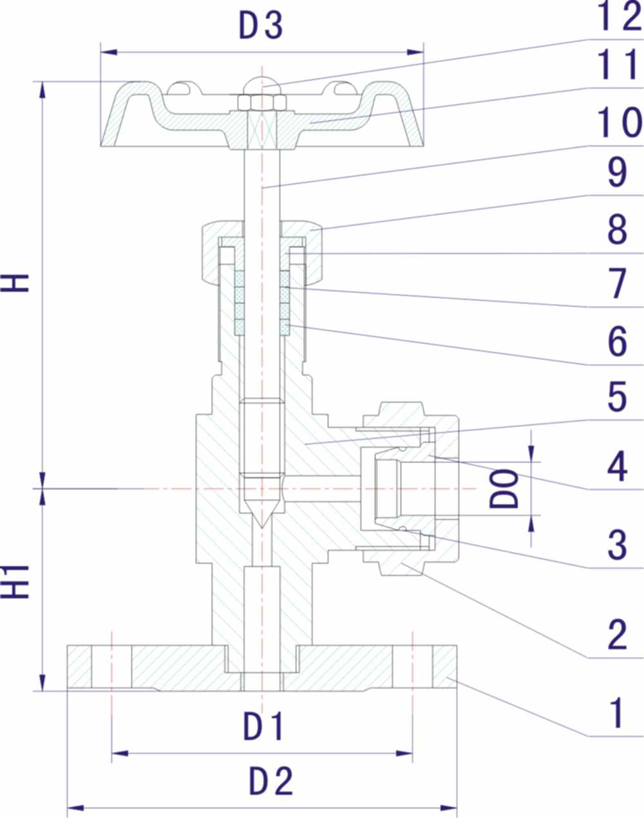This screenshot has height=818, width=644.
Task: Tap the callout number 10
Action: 617,122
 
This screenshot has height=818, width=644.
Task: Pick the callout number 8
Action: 617,229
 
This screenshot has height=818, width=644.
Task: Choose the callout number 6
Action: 617,341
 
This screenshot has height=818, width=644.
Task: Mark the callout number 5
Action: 617,397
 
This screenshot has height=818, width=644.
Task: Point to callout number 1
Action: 617,713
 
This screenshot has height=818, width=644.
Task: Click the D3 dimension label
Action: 261,26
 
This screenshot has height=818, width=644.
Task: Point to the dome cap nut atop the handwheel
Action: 261,86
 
